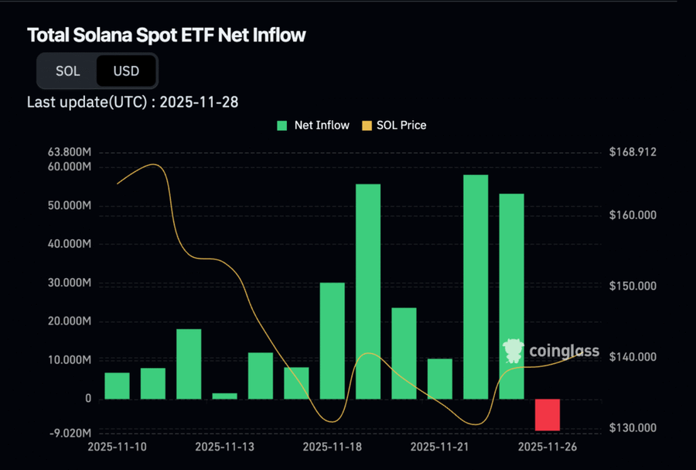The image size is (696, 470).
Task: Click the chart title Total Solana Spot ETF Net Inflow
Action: (x=166, y=35)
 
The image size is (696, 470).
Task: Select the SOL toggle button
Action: (x=67, y=71)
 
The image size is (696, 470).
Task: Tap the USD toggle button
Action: (x=126, y=71)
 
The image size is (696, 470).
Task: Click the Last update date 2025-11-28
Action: (x=204, y=101)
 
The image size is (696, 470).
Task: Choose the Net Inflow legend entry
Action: (x=314, y=125)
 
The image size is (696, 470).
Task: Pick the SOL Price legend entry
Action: (x=394, y=125)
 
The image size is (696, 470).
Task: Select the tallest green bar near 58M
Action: (x=476, y=286)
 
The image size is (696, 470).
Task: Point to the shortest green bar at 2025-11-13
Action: (x=224, y=396)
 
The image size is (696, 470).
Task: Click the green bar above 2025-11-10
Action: (x=117, y=386)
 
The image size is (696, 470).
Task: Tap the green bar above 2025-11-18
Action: (x=332, y=341)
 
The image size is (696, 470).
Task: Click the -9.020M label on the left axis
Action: (x=71, y=433)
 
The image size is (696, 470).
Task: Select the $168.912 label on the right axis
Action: (x=632, y=152)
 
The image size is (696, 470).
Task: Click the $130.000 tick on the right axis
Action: (x=632, y=428)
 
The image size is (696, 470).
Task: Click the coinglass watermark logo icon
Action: (x=513, y=351)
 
